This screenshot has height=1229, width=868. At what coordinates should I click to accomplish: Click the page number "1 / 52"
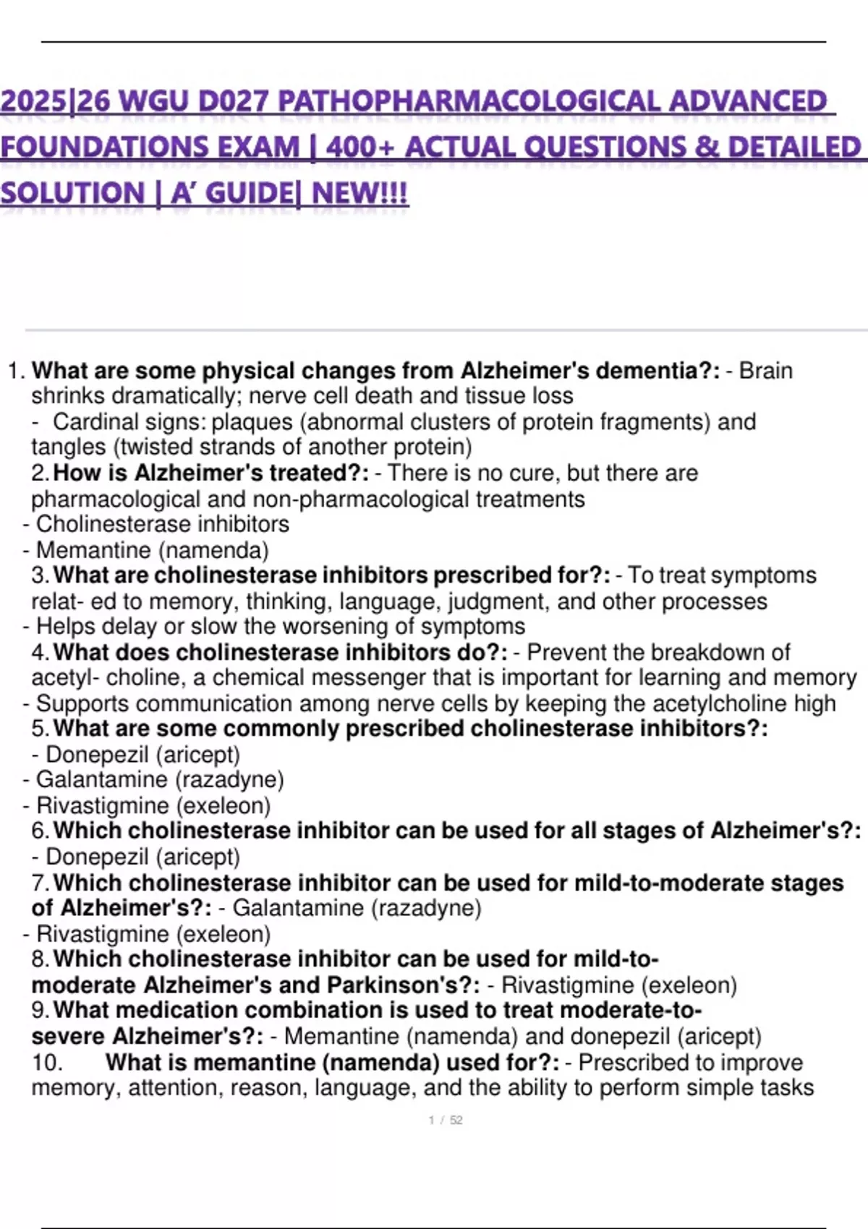pyautogui.click(x=446, y=1120)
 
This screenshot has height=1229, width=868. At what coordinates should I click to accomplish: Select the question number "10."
pyautogui.click(x=47, y=1062)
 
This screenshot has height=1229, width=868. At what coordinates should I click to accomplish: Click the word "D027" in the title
pyautogui.click(x=234, y=102)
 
